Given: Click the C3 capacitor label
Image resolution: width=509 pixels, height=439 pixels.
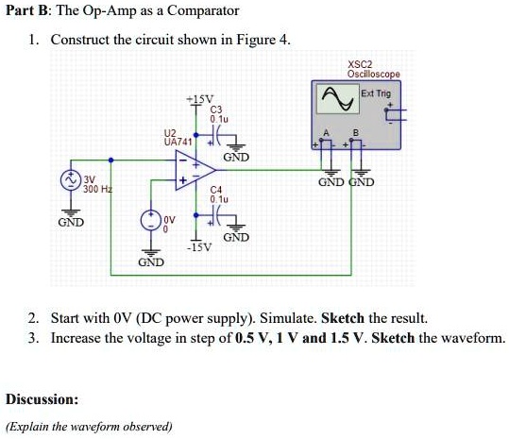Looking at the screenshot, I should [218, 110].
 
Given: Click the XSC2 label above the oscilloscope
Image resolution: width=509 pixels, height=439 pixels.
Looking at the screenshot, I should [360, 63].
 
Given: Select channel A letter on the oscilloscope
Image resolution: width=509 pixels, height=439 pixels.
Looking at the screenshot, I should [327, 132].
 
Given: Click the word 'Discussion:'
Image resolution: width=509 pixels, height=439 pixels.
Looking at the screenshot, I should [42, 398].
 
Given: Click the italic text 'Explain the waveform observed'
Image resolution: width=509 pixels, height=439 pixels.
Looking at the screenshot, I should [90, 426].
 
